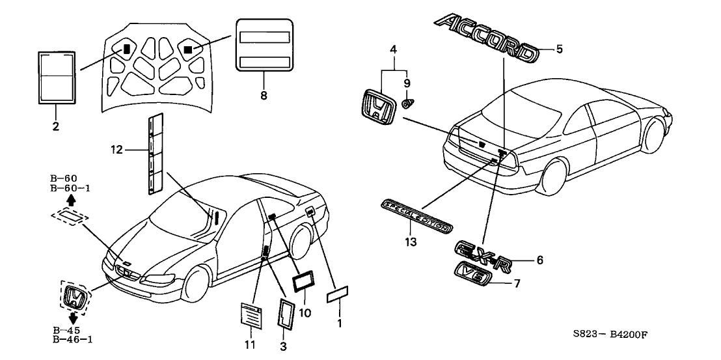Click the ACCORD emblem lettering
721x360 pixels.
(486, 38)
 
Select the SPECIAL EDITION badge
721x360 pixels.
(416, 217)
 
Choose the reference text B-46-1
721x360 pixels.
(71, 339)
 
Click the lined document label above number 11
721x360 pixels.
(251, 318)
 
